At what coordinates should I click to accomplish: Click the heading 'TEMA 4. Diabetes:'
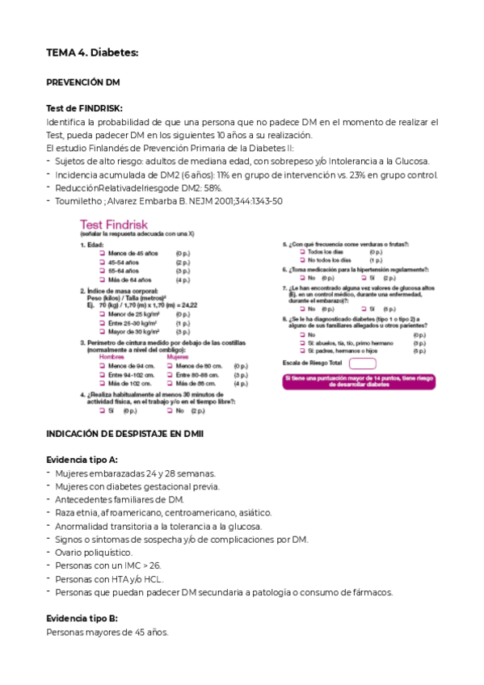[x=92, y=53]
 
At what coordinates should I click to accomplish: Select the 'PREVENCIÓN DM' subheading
[x=83, y=82]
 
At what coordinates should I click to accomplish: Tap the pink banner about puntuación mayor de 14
[x=360, y=382]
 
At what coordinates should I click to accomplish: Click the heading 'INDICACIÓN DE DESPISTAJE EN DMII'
[x=125, y=434]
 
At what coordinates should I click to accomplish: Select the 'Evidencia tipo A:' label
[x=82, y=459]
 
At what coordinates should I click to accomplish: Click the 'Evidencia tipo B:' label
[x=82, y=617]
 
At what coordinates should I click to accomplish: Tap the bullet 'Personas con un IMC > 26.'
[x=108, y=565]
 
